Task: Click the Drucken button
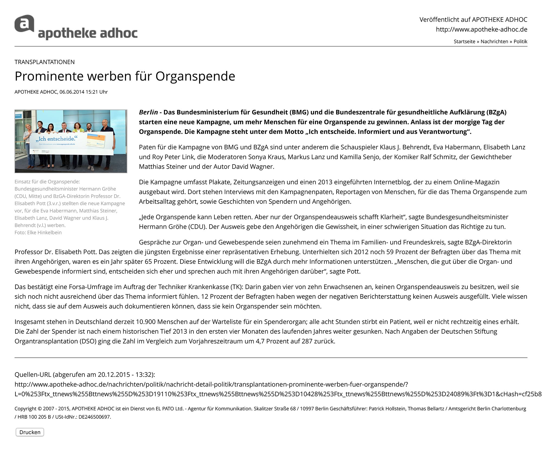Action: click(30, 432)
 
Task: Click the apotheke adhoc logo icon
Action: click(24, 24)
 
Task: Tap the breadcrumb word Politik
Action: click(520, 41)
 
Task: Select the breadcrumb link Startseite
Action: click(464, 41)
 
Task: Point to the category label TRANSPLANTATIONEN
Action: click(45, 62)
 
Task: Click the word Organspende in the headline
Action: click(195, 76)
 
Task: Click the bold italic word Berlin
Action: click(148, 112)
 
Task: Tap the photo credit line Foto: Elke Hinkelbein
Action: click(38, 232)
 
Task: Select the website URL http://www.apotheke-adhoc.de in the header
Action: click(482, 30)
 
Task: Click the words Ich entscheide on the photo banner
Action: click(56, 139)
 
